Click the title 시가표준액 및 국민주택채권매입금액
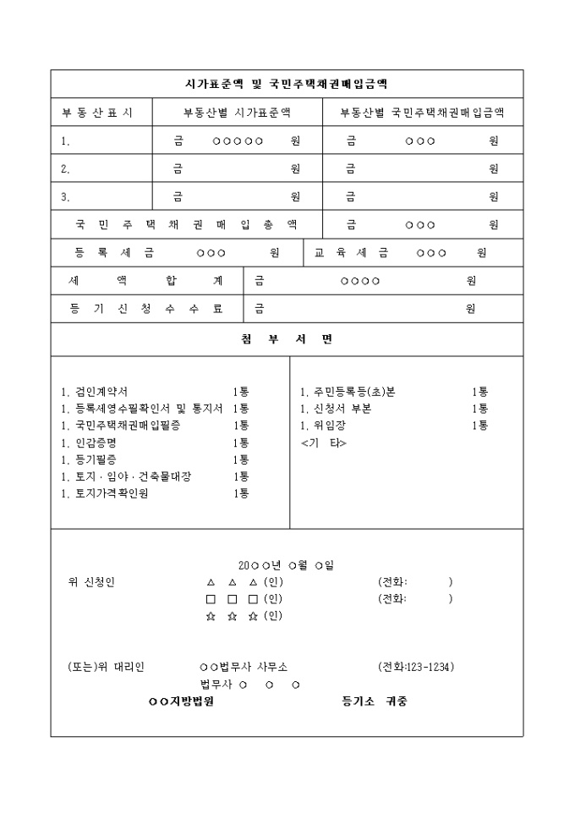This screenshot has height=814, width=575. point(287,84)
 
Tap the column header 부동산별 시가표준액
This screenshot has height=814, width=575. point(237,112)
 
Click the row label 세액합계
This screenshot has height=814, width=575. point(145,281)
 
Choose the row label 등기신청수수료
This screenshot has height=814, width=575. point(145,309)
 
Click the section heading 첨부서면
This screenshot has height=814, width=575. point(287,339)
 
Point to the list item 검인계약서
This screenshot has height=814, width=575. point(95,392)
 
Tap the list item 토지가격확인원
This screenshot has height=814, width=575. point(105,493)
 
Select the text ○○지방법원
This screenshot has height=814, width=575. point(181,701)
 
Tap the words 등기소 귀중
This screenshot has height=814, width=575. point(374,701)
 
